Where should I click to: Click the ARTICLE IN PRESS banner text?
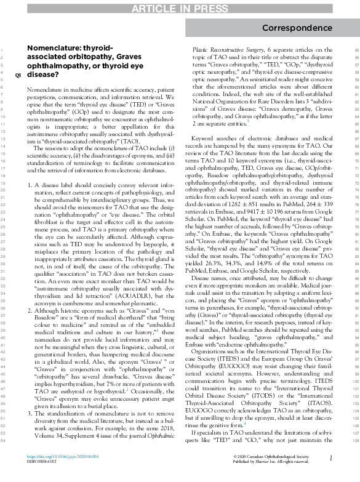tap(180, 7)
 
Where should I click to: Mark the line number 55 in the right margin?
tap(350, 49)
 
